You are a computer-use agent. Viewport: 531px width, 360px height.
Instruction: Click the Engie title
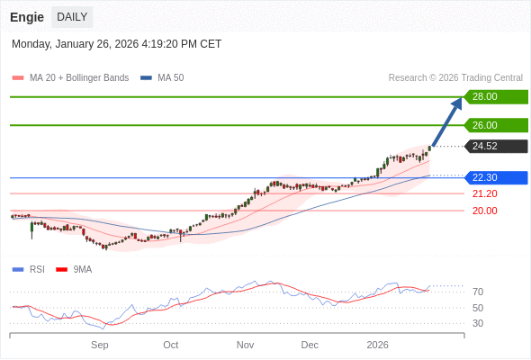tap(27, 17)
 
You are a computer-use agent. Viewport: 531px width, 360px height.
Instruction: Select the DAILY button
tap(72, 17)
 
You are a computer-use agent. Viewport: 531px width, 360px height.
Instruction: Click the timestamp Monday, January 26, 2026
tap(116, 44)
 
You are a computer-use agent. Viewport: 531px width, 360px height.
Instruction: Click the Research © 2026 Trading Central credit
tap(455, 78)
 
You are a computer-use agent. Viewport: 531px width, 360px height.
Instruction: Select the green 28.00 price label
tap(495, 97)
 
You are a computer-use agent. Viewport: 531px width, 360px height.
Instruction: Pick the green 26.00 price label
tap(495, 126)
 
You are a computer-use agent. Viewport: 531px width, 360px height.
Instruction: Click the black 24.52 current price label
tap(495, 147)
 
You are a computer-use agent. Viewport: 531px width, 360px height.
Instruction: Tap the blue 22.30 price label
tap(495, 178)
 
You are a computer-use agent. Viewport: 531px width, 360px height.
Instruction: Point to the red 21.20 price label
tap(484, 193)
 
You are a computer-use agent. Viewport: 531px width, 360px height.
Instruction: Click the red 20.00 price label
tap(484, 211)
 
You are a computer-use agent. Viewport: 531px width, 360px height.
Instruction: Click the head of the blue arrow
tap(457, 102)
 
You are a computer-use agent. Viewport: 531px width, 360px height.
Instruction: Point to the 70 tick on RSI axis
tap(478, 292)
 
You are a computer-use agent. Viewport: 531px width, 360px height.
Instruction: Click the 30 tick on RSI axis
tap(478, 323)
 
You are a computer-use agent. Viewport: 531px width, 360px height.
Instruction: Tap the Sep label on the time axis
tap(100, 345)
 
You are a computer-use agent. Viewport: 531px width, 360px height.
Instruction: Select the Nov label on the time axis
tap(246, 345)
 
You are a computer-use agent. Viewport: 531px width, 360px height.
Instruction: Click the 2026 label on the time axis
tap(377, 345)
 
